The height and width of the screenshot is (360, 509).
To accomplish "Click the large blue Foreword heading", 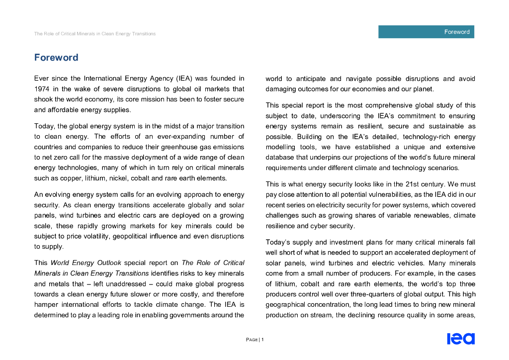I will (56, 58).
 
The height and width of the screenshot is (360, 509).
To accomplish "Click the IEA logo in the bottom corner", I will (461, 339).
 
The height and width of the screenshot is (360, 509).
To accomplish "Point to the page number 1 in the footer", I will (262, 340).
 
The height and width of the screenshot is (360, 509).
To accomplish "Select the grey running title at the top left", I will (94, 34).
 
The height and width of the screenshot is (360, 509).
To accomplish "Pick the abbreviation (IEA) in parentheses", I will (183, 79).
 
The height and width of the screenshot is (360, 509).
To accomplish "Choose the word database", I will (282, 158).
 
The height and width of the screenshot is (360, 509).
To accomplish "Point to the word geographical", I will (288, 304).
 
